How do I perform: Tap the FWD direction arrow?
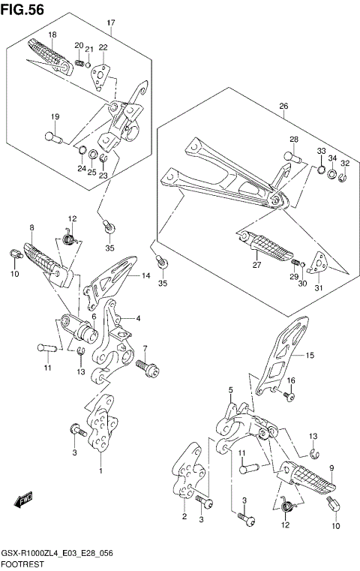pyautogui.click(x=23, y=500)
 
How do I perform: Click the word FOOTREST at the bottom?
pyautogui.click(x=22, y=564)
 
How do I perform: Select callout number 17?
pyautogui.click(x=111, y=23)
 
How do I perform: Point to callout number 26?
pyautogui.click(x=283, y=106)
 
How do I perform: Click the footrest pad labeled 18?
pyautogui.click(x=50, y=57)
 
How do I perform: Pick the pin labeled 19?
pyautogui.click(x=53, y=137)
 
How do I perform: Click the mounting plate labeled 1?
pyautogui.click(x=102, y=422)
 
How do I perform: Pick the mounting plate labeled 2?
pyautogui.click(x=187, y=471)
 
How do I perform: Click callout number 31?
pyautogui.click(x=319, y=287)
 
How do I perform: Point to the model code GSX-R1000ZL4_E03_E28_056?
pyautogui.click(x=57, y=554)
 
